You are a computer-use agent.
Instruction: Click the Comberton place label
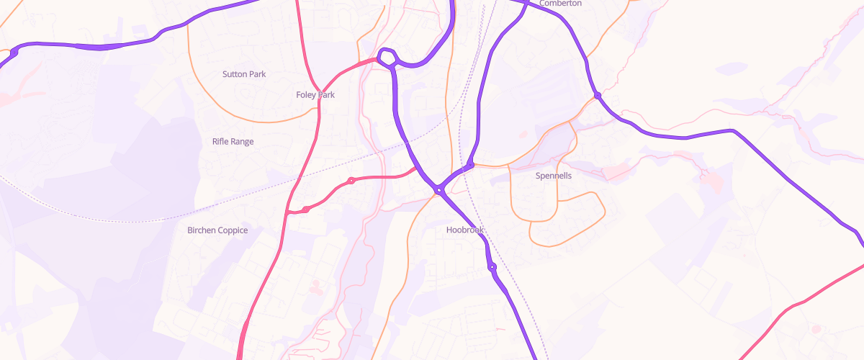(x=560, y=4)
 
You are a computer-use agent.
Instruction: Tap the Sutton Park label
(x=245, y=74)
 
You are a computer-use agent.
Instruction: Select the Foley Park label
(x=315, y=94)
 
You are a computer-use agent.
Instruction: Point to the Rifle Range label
(x=233, y=142)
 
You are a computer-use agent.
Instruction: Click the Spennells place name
(x=554, y=176)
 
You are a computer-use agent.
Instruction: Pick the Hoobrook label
(x=465, y=230)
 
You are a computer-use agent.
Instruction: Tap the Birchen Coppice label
(x=217, y=230)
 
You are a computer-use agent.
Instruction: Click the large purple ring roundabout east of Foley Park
(x=387, y=58)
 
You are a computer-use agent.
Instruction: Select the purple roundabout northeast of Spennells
(x=598, y=95)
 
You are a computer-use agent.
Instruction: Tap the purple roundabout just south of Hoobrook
(x=492, y=268)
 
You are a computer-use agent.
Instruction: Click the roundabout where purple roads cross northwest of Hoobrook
(x=438, y=191)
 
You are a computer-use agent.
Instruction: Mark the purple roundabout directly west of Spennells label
(x=469, y=166)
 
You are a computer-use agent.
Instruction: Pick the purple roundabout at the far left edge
(x=13, y=53)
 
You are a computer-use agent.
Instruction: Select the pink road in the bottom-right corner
(x=792, y=306)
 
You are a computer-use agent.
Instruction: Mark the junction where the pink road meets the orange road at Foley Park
(x=318, y=112)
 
